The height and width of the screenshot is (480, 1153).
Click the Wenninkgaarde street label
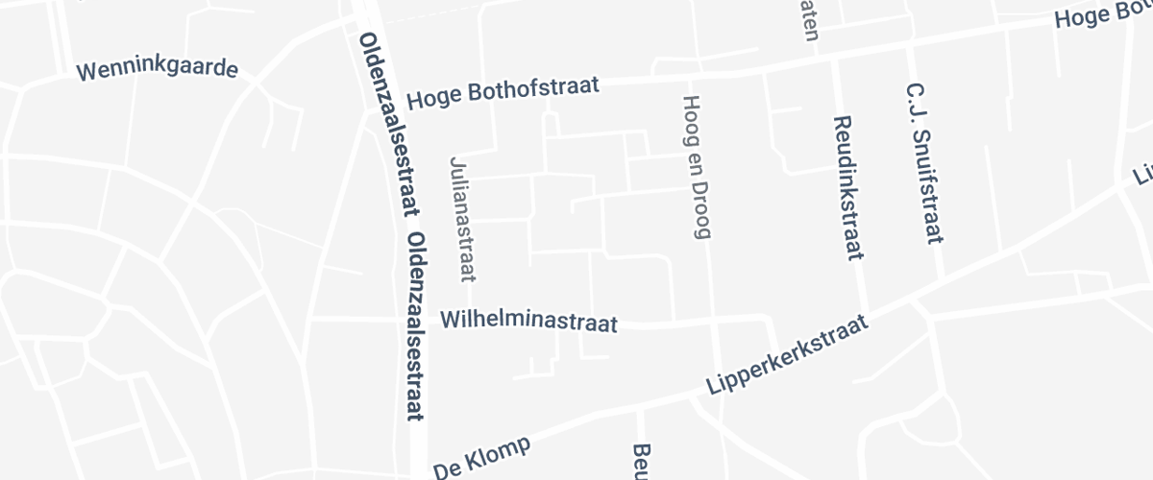[157, 71]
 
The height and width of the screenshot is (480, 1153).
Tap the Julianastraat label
[462, 219]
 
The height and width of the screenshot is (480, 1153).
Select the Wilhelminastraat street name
[528, 321]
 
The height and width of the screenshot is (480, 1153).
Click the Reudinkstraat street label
[846, 188]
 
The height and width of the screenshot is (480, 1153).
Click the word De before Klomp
[448, 470]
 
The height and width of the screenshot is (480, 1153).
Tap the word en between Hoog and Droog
[695, 157]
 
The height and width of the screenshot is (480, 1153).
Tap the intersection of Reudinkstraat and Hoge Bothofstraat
[833, 59]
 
